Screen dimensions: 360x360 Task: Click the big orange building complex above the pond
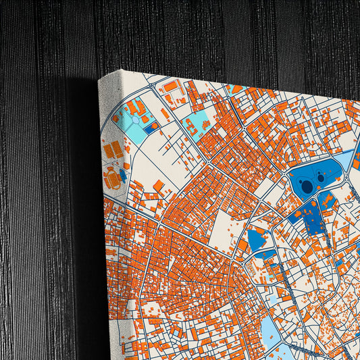tap(134, 107)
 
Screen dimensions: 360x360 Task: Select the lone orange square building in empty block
tap(158, 185)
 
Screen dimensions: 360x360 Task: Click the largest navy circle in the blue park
tap(307, 186)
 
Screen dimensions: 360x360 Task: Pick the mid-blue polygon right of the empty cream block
tap(257, 239)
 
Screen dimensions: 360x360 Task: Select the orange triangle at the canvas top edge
tap(236, 88)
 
